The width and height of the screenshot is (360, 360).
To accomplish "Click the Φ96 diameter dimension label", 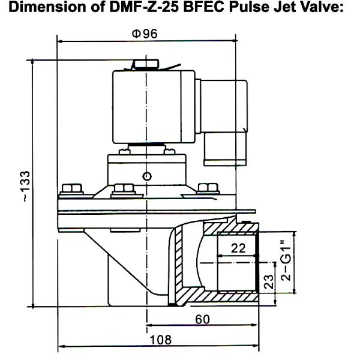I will click(145, 34).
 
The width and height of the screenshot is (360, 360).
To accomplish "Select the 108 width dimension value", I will click(160, 340).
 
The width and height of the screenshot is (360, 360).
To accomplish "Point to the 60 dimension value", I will click(203, 319).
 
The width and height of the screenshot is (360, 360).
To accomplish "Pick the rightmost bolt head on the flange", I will click(208, 189).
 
